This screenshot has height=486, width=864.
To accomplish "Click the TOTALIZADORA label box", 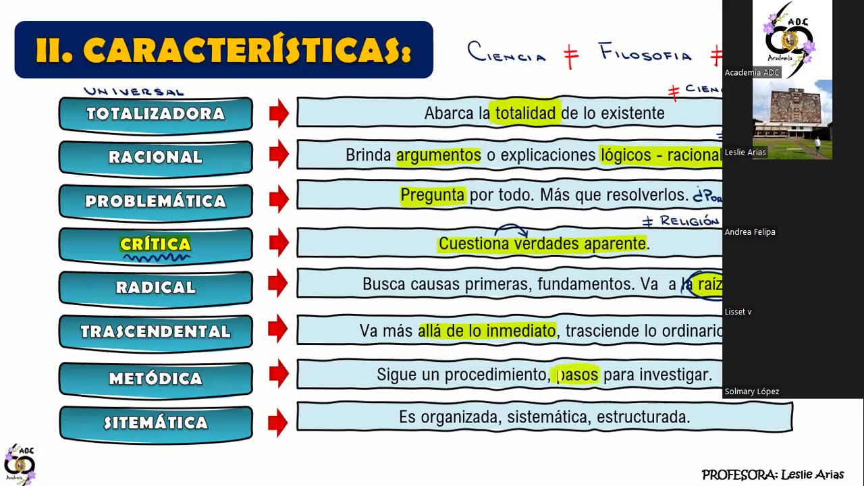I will tap(155, 113).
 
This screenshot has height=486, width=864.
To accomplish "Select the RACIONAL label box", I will tap(155, 157).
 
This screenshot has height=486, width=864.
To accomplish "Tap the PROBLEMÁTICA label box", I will tap(155, 201).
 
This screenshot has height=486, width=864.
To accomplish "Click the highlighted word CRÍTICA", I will tap(155, 244).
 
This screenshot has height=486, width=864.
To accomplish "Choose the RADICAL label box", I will tap(155, 288).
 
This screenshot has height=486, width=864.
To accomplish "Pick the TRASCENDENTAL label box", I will tap(155, 331).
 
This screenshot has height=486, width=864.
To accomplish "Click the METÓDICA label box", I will tap(155, 379).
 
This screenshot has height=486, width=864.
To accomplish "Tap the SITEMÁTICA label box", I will tap(155, 423).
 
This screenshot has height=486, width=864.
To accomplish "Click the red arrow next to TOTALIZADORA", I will tap(278, 113).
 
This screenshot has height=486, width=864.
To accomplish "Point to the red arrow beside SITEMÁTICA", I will tap(278, 423).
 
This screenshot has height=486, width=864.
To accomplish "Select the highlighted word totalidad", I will tap(525, 113).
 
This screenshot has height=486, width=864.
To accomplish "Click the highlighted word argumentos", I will tap(438, 155).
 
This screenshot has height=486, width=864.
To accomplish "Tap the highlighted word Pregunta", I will tap(432, 195).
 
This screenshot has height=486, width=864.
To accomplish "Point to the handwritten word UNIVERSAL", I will tap(134, 91).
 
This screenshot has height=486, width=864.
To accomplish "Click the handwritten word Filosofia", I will tap(645, 54).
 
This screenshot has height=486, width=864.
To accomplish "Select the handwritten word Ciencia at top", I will tap(506, 53).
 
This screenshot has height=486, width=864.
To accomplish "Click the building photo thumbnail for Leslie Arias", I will tap(792, 119).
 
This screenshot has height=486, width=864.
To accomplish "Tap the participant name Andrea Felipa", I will tap(749, 232).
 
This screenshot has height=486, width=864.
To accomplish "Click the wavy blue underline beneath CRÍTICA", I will tap(155, 257).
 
